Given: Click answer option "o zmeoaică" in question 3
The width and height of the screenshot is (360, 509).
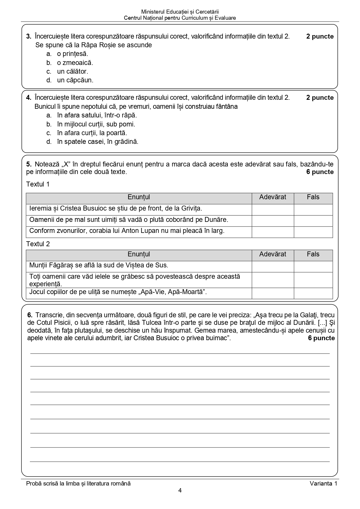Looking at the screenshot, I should [75, 63].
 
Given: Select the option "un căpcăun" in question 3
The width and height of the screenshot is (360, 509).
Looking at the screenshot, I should [75, 80].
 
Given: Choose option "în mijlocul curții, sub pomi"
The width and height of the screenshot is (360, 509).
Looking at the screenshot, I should [96, 124].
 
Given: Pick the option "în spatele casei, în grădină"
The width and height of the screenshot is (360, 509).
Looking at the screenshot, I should [97, 142].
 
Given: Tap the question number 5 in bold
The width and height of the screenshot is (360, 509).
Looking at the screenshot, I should [29, 164].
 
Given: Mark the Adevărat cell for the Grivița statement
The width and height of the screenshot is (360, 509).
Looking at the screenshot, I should [273, 210].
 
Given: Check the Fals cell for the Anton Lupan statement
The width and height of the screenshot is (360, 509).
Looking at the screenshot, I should [313, 232].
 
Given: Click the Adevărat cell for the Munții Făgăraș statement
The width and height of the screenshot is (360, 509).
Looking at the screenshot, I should [273, 267].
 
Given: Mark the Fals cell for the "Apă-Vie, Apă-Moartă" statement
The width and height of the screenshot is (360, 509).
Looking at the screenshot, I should [313, 293].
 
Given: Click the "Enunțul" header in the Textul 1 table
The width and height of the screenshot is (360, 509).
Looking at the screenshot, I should [139, 197].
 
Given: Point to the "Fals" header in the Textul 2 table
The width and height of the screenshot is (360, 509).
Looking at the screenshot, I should [313, 254].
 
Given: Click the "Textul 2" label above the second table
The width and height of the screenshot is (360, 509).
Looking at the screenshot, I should [38, 244].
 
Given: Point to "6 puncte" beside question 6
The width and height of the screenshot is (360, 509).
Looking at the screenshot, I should [321, 338].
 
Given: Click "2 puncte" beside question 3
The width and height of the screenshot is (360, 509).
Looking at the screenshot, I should [320, 37].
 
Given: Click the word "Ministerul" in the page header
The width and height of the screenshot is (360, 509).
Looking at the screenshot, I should [153, 12].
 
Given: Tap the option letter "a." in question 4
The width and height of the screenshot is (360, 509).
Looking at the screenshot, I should [49, 115].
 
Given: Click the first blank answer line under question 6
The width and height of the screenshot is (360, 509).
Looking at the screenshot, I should [180, 353].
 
